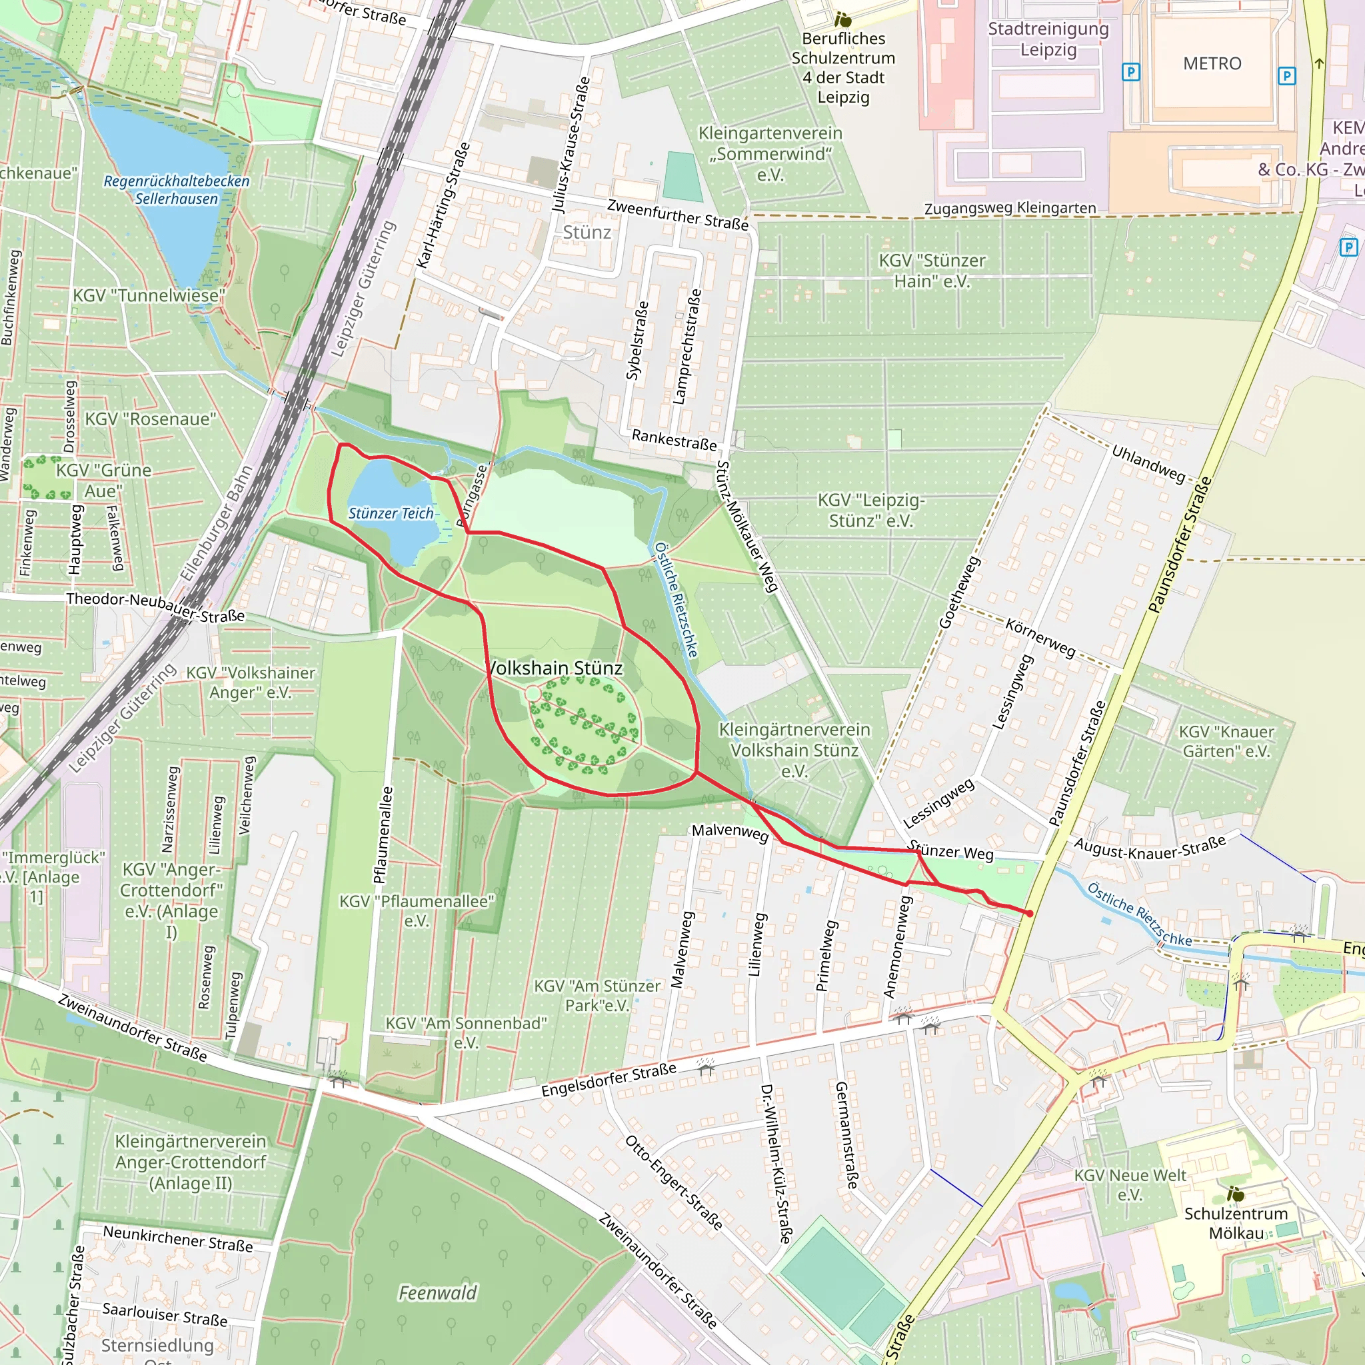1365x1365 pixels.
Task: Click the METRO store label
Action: point(1212,63)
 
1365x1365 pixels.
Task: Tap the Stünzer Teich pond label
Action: point(391,513)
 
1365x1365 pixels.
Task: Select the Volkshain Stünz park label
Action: point(556,668)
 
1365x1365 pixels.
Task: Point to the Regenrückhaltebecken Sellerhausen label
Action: point(177,189)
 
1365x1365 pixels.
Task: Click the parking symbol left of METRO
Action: point(1130,71)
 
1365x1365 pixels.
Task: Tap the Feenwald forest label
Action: point(437,1292)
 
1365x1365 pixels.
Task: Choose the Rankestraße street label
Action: point(673,439)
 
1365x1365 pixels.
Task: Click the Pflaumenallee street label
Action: point(381,834)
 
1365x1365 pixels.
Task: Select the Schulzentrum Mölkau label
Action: point(1236,1222)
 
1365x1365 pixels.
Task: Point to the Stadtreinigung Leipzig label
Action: point(1048,39)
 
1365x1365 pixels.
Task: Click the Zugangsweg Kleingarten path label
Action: point(1010,208)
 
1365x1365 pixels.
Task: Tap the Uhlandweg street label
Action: point(1148,463)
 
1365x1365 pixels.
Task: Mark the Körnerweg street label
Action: point(1040,637)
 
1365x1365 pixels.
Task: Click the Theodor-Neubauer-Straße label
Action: point(155,607)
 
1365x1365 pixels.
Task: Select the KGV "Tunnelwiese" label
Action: point(149,295)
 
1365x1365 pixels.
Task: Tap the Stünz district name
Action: point(587,233)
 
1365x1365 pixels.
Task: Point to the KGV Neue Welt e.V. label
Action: point(1130,1184)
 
